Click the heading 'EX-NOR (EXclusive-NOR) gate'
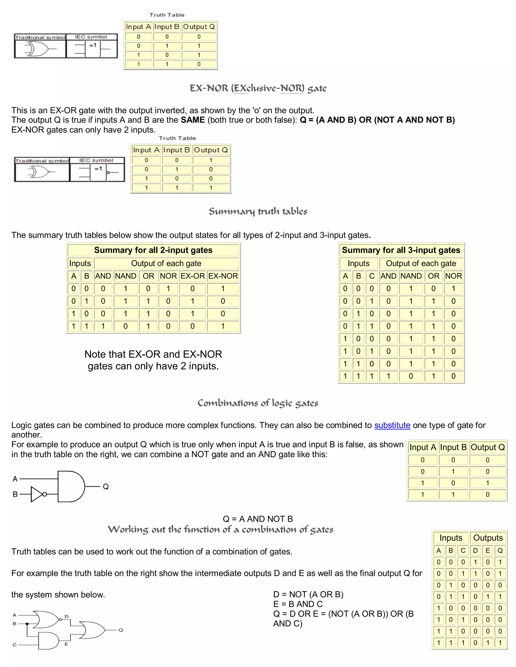258,88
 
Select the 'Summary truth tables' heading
258,211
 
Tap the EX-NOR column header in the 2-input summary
223,276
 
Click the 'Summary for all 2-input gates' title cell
153,250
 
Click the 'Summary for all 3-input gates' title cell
401,250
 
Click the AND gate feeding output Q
71,486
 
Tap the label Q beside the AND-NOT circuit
106,487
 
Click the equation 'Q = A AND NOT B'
258,519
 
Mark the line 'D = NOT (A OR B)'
308,594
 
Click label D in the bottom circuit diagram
67,617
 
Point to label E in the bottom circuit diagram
66,644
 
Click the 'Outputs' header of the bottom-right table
488,538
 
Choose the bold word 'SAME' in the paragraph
192,120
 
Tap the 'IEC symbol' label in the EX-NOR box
96,160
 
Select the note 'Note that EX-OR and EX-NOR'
153,354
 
